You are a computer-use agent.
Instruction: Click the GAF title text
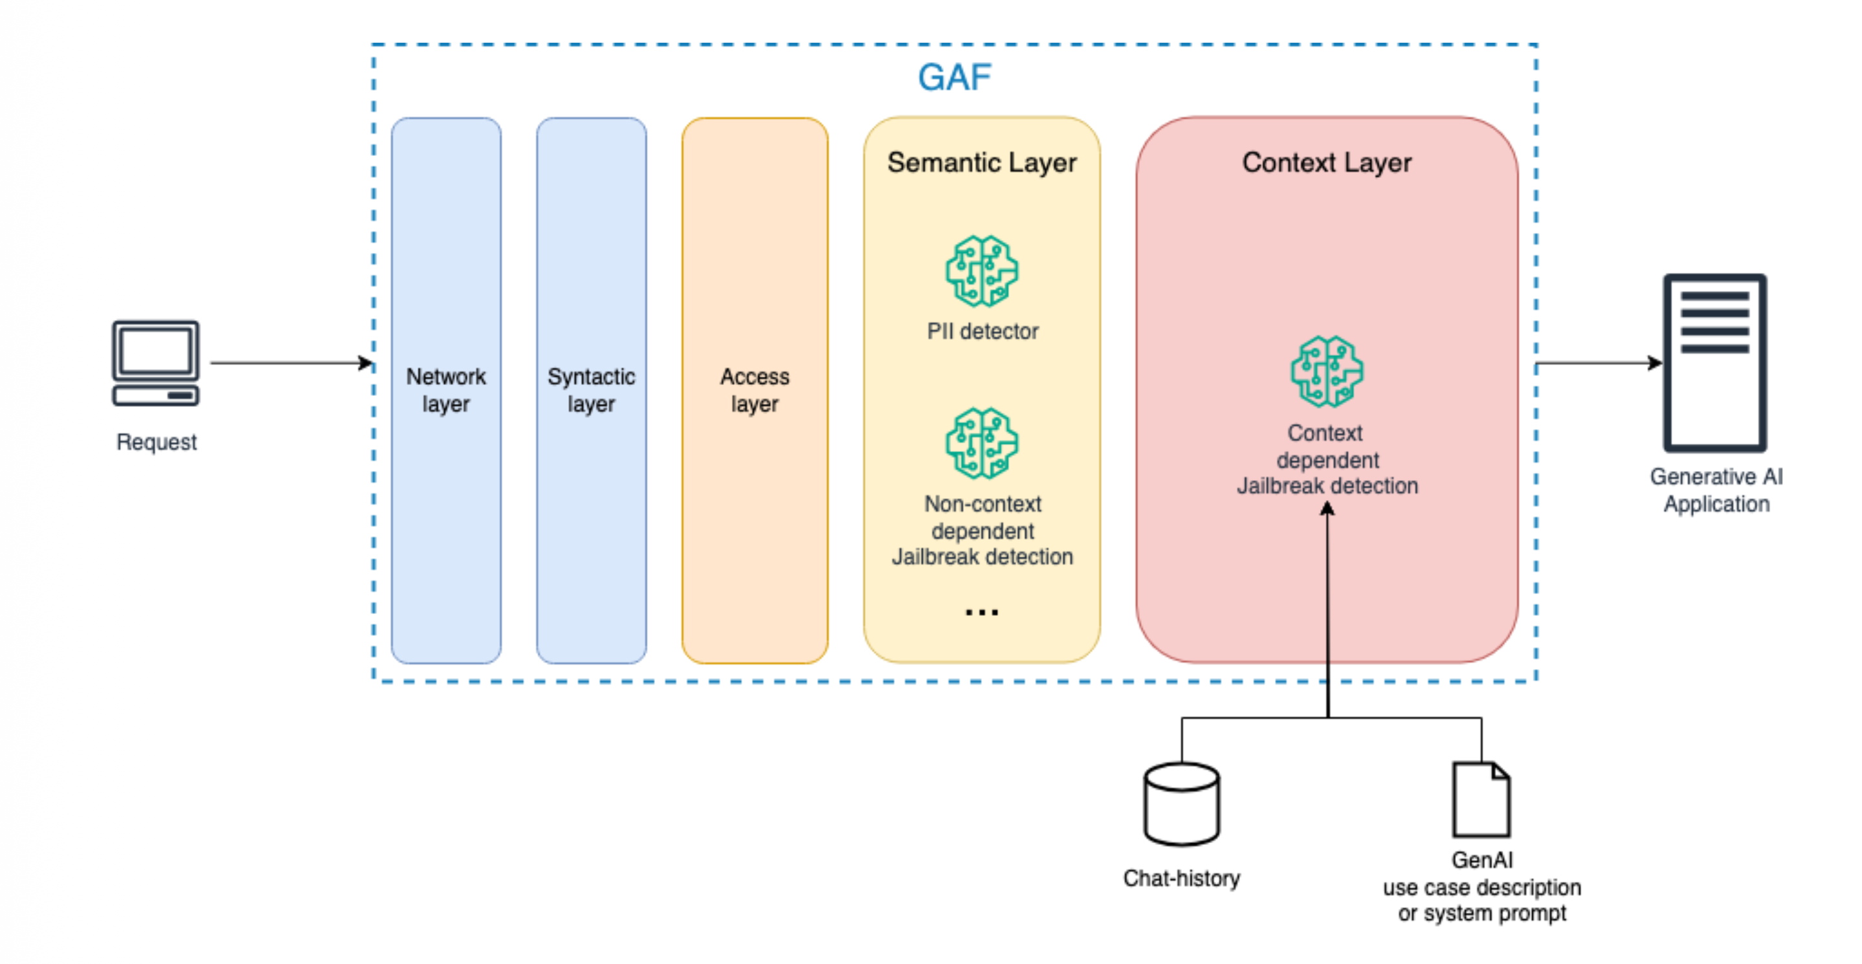click(954, 78)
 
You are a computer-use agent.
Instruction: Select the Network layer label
click(446, 389)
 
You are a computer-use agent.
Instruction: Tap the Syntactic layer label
click(592, 389)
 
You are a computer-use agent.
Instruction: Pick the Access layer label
click(754, 389)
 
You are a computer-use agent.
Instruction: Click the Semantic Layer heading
click(981, 163)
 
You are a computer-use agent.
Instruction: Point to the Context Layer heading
click(1327, 163)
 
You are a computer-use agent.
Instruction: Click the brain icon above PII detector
click(981, 271)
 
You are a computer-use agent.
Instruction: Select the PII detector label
click(982, 331)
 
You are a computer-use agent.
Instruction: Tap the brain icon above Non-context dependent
click(981, 443)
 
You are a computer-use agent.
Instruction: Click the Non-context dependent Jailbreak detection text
click(982, 530)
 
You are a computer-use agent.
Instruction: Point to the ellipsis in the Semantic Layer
click(981, 613)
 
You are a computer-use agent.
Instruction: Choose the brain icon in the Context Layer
click(1327, 372)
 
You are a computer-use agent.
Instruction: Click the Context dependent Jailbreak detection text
click(1327, 459)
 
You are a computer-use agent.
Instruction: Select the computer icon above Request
click(155, 363)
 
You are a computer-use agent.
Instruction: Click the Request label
click(156, 442)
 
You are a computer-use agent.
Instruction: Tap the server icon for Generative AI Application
click(1715, 363)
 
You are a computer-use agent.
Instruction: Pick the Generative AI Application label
click(1716, 490)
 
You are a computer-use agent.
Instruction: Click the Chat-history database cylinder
click(1182, 804)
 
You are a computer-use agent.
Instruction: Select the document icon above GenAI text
click(1481, 799)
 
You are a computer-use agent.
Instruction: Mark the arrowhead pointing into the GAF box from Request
click(367, 363)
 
